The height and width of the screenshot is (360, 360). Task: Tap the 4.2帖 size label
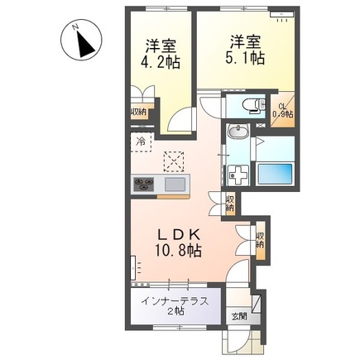pyautogui.click(x=160, y=61)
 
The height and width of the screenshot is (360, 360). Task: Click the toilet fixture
pyautogui.click(x=248, y=105)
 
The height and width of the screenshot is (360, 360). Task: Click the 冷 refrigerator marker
pyautogui.click(x=140, y=142)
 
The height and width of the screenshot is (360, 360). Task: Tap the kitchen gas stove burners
pyautogui.click(x=143, y=184)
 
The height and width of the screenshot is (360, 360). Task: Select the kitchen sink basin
pyautogui.click(x=175, y=184)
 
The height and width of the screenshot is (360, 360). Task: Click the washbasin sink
pyautogui.click(x=238, y=135)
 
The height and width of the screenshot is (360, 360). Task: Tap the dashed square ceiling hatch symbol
pyautogui.click(x=173, y=160)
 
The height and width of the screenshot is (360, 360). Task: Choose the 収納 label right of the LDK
pyautogui.click(x=260, y=240)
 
